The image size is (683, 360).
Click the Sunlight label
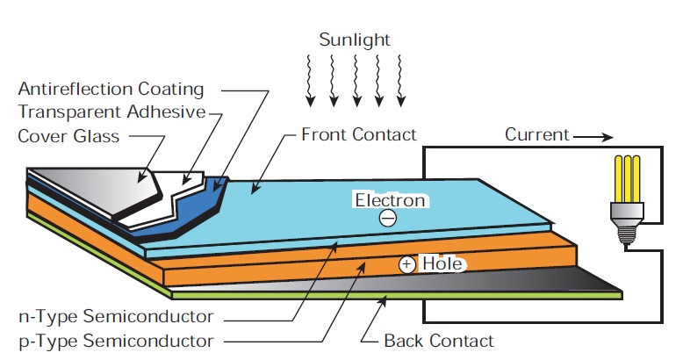coord(355,40)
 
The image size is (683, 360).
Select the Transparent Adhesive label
coord(111,112)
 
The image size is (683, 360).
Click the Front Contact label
coord(358,135)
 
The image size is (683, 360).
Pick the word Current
coord(536,135)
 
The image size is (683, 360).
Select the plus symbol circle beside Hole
coord(406,263)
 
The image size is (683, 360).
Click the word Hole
coord(442,263)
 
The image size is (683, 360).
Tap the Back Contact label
coord(439,341)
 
